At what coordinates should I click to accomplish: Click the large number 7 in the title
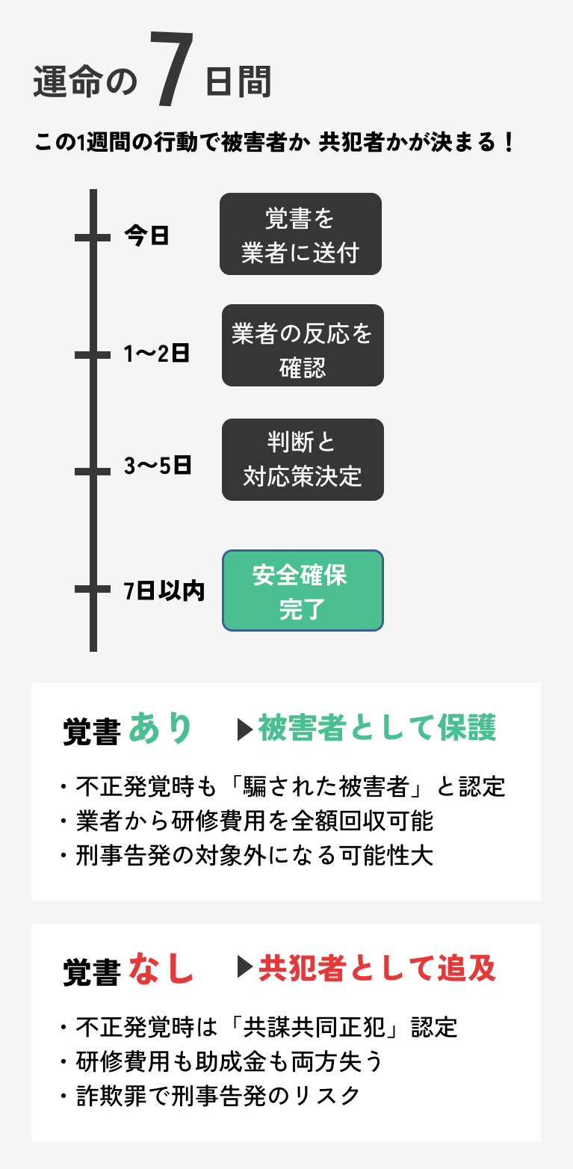(x=171, y=72)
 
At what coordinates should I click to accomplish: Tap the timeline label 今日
(x=146, y=236)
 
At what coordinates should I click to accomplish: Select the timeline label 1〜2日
(x=156, y=354)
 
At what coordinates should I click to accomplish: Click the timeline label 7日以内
(x=164, y=590)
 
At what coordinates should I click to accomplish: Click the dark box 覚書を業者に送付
(x=300, y=234)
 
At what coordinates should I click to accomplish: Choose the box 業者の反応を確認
(x=303, y=345)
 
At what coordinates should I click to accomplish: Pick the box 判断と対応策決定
(x=303, y=460)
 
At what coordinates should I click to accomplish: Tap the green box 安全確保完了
(x=303, y=590)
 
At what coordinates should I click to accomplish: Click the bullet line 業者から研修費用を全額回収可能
(x=254, y=821)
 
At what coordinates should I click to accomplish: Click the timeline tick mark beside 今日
(x=93, y=237)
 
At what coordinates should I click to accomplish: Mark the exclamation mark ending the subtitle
(x=509, y=143)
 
